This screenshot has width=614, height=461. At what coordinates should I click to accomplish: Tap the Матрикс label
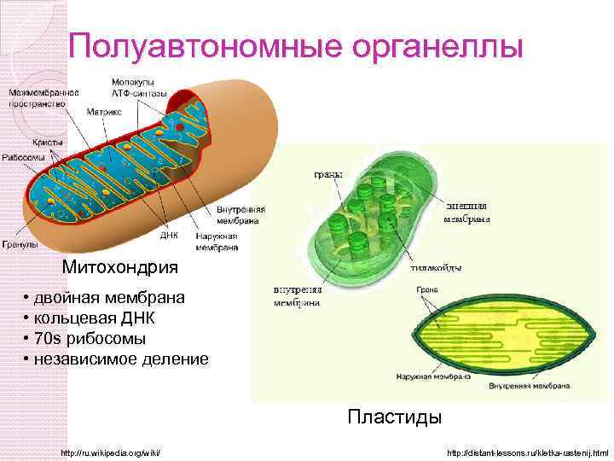pyautogui.click(x=104, y=111)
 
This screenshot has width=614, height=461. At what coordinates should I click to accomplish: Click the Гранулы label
pyautogui.click(x=18, y=244)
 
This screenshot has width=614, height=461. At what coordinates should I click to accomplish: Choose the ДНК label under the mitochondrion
pyautogui.click(x=169, y=235)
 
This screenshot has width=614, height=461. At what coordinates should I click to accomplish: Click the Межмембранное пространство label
pyautogui.click(x=43, y=97)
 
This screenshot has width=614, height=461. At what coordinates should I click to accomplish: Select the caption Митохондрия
pyautogui.click(x=120, y=267)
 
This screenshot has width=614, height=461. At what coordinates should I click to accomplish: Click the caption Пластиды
pyautogui.click(x=394, y=417)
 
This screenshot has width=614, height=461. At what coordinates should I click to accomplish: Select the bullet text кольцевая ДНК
pyautogui.click(x=107, y=318)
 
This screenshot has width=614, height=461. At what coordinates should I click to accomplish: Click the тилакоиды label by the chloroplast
pyautogui.click(x=436, y=267)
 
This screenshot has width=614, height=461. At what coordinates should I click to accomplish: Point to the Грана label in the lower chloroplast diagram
pyautogui.click(x=427, y=290)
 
